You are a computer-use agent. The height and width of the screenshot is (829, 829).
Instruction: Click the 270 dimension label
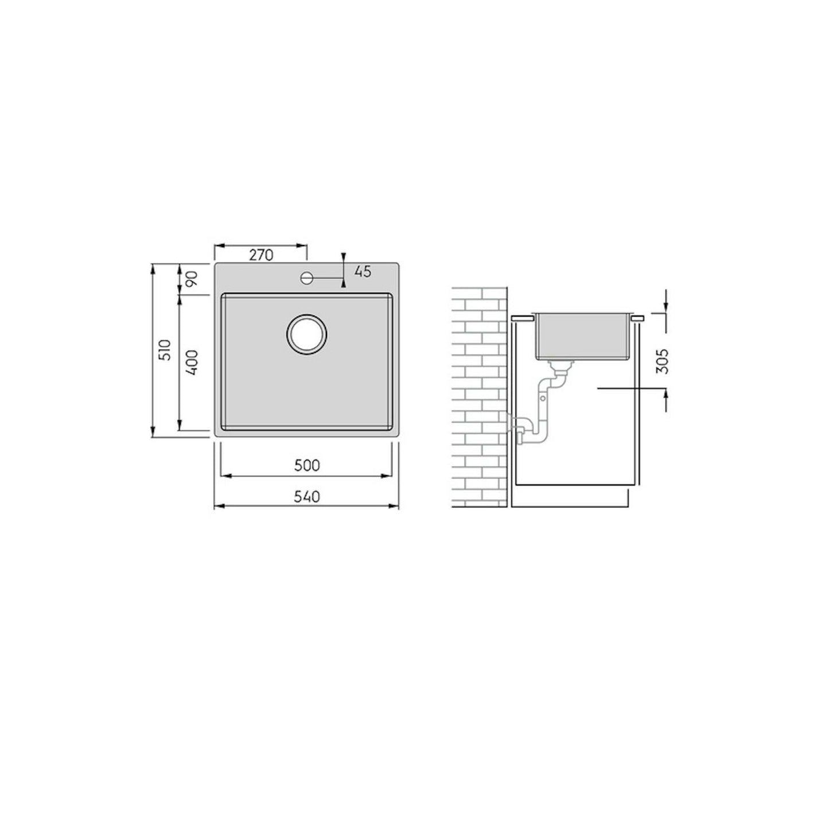[x=261, y=255]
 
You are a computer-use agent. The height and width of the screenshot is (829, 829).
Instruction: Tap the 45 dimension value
[x=363, y=271]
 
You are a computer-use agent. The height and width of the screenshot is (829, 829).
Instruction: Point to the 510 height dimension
[x=166, y=349]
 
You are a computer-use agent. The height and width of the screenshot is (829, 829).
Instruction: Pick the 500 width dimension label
[x=307, y=465]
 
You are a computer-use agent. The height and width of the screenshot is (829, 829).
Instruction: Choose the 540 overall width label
[x=307, y=496]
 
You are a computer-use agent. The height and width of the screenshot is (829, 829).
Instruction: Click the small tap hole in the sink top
[x=307, y=278]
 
